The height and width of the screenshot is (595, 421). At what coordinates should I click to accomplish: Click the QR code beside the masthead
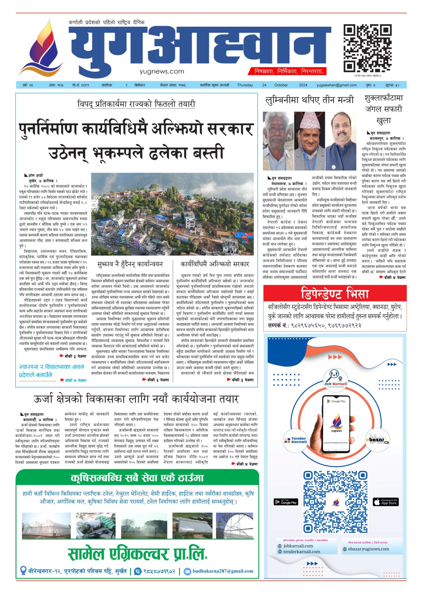coord(367,48)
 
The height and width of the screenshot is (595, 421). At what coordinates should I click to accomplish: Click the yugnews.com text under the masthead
coord(162,71)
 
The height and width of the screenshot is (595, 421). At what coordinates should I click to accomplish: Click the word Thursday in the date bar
coord(245,85)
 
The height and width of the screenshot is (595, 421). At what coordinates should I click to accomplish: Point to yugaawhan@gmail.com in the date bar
coord(337,85)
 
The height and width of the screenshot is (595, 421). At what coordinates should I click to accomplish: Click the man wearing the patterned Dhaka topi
coord(309,141)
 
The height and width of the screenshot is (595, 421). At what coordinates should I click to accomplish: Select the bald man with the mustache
coord(341,141)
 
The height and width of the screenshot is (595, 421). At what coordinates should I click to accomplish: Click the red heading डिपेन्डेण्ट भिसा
coord(335,293)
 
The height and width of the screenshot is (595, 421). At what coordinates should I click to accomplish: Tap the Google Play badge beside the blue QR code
coord(286,502)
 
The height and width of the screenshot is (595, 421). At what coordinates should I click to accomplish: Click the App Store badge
coord(386,502)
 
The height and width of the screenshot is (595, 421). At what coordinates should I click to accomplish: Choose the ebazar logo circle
coord(378,440)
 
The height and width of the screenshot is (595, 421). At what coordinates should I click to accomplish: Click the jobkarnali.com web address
coord(298,546)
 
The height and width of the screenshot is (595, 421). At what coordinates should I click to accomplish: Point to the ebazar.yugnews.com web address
coord(368,549)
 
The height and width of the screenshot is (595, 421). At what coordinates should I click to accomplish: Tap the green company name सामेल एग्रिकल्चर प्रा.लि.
coord(137,553)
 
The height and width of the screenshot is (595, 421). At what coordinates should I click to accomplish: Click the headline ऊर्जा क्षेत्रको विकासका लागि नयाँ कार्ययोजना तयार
coord(136,399)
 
